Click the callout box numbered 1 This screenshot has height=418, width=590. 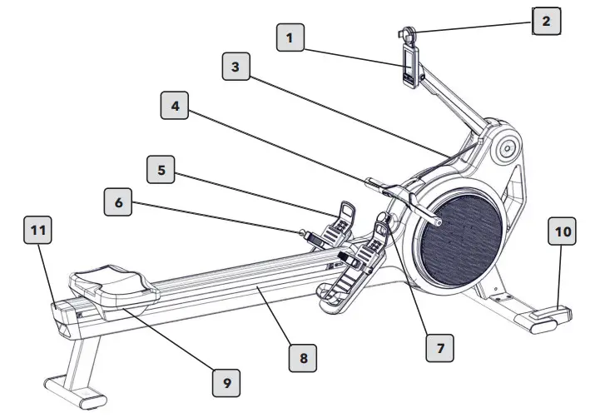click(x=290, y=38)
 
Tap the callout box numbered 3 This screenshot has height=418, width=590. click(x=237, y=66)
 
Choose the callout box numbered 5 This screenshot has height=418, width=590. click(x=161, y=170)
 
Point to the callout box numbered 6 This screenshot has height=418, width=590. click(x=120, y=203)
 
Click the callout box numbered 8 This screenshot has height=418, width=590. click(x=304, y=359)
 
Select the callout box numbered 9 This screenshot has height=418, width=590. click(x=226, y=383)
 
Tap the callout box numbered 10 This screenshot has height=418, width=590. click(x=562, y=234)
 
